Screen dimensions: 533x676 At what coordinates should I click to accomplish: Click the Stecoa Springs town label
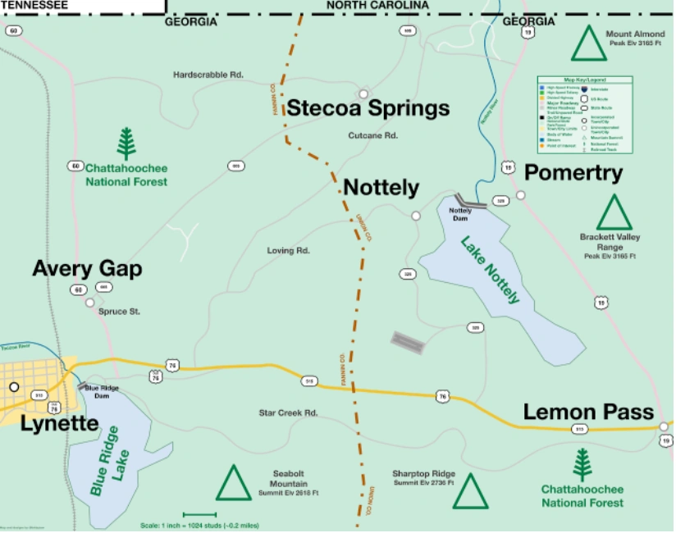click(368, 108)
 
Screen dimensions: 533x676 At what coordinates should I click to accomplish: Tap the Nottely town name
click(381, 187)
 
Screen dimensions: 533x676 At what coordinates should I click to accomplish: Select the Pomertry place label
click(573, 173)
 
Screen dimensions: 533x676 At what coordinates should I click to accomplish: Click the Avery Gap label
click(87, 269)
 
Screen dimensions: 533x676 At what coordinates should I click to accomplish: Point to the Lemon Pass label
click(588, 412)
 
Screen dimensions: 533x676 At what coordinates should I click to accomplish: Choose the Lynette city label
click(59, 424)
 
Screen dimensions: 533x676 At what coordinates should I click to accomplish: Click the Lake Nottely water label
click(490, 270)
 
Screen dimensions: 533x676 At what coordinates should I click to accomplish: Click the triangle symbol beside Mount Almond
click(588, 44)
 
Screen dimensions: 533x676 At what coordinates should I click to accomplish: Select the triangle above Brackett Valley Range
click(614, 212)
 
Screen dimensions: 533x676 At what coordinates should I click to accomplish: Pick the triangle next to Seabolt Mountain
click(234, 483)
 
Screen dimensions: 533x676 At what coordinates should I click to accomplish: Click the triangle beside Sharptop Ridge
click(470, 491)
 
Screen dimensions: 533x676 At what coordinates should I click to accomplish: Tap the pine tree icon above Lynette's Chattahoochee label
click(126, 143)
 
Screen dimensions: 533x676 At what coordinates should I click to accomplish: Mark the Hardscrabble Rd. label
click(208, 75)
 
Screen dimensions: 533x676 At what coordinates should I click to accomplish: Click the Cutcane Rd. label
click(372, 135)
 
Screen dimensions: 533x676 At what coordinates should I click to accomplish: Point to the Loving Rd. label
click(288, 250)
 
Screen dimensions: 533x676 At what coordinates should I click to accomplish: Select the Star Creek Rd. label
click(288, 412)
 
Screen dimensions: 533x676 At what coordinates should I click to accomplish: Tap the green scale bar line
click(199, 515)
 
